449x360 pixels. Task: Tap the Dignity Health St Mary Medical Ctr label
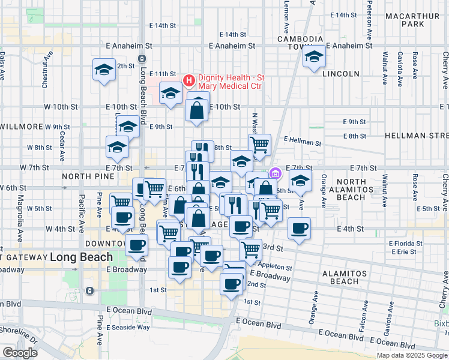coord(231,82)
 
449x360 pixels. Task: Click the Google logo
coord(20,353)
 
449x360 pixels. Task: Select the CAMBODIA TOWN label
coord(284,43)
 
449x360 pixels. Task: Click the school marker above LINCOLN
coord(314,58)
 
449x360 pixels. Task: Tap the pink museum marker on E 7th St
coord(276,174)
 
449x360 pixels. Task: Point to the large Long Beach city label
coord(81,257)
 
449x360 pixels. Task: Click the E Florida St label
coord(406,244)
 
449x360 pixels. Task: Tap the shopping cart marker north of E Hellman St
coord(259,144)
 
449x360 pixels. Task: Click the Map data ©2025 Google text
coord(412,355)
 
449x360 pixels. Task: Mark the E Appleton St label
coord(273,266)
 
